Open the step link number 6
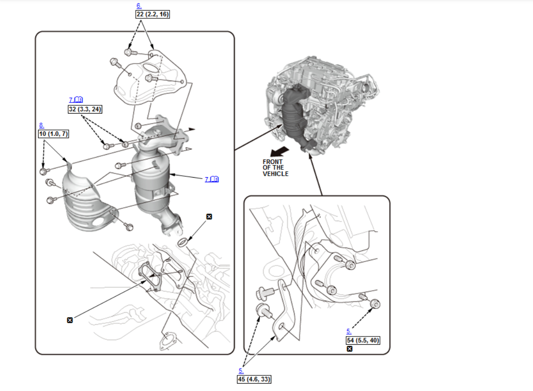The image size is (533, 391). tap(139, 6)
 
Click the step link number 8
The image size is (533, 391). tap(41, 125)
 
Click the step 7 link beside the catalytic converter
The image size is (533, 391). tap(212, 179)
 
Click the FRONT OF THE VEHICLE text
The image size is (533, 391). tap(275, 168)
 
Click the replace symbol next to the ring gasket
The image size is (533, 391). tap(209, 217)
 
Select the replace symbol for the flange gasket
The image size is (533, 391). tap(70, 320)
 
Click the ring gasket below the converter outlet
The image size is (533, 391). tap(182, 241)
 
